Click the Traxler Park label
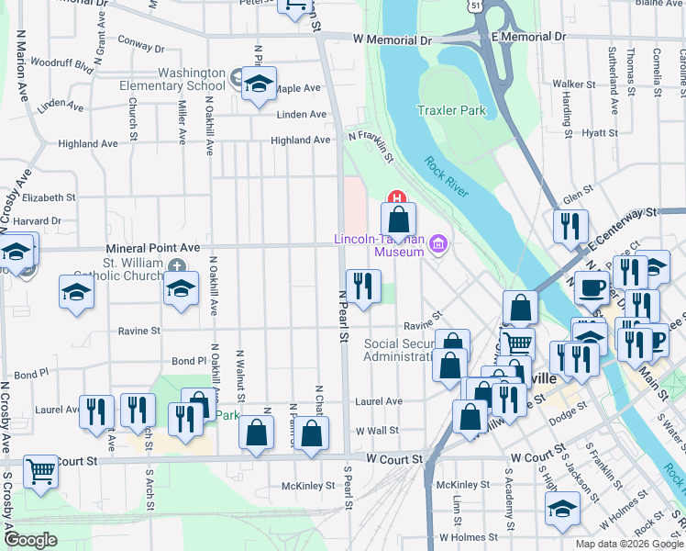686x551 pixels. coord(451,111)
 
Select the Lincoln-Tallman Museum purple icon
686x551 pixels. coord(438,243)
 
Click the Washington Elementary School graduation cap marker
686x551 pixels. coord(260,84)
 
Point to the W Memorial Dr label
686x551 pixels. coord(393,40)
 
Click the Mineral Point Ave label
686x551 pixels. coord(152,248)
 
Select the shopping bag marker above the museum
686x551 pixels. coord(398,219)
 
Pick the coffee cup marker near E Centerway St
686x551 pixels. coord(592,287)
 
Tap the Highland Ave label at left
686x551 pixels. coord(88,144)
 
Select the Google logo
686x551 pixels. coord(31,540)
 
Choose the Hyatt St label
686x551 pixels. coord(600,133)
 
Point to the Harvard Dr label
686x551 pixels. coord(39,221)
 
